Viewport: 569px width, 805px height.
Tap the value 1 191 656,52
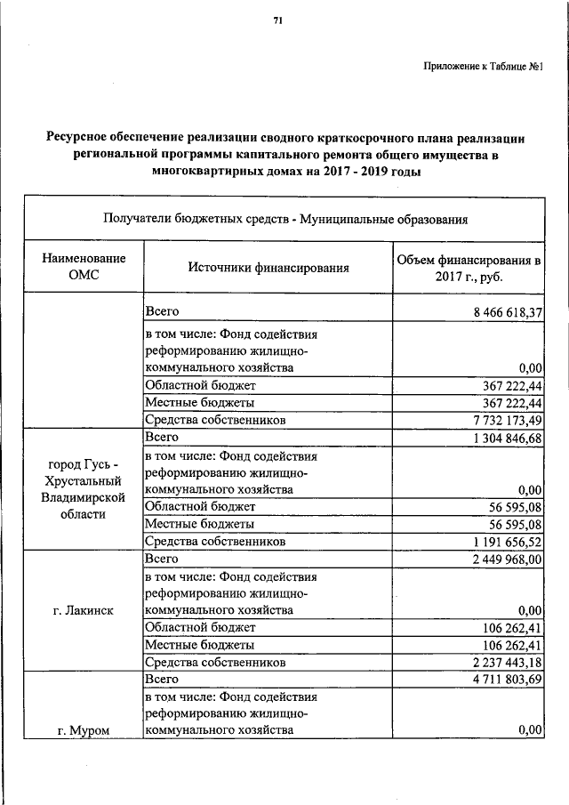point(501,541)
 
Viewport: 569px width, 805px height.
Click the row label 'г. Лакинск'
point(83,610)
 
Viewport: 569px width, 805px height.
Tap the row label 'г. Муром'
point(83,731)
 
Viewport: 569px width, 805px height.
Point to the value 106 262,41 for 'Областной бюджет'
point(509,628)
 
